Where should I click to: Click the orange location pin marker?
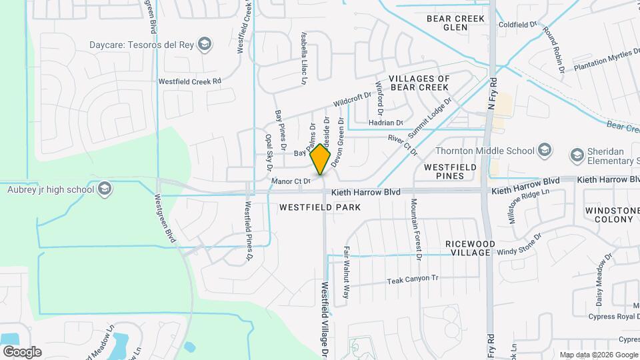tap(321, 159)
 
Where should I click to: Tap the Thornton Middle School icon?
tap(545, 149)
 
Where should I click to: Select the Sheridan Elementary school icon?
tap(577, 155)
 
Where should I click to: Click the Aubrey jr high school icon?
tap(104, 190)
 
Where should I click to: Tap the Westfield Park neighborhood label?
tap(320, 207)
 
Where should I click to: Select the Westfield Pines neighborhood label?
tap(445, 171)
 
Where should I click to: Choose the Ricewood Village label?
tap(471, 249)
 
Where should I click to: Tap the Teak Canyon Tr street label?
tap(413, 281)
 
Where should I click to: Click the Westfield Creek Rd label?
tap(189, 81)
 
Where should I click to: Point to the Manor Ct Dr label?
tap(291, 181)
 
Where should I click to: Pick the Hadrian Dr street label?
tap(386, 123)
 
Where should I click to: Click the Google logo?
tap(22, 351)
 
